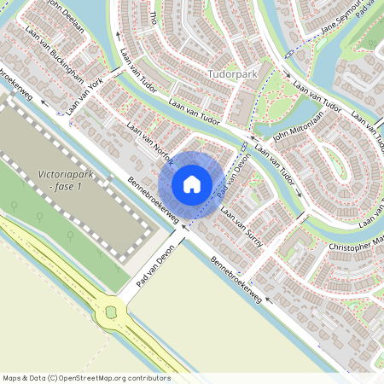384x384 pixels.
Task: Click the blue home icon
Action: pyautogui.click(x=192, y=183)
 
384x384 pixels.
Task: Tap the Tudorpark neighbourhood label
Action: pyautogui.click(x=231, y=74)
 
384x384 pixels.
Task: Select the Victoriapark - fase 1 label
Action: pyautogui.click(x=66, y=180)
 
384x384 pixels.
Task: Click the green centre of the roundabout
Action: pyautogui.click(x=110, y=313)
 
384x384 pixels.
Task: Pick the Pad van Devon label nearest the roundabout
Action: pyautogui.click(x=156, y=268)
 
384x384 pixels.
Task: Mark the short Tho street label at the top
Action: pyautogui.click(x=154, y=17)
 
